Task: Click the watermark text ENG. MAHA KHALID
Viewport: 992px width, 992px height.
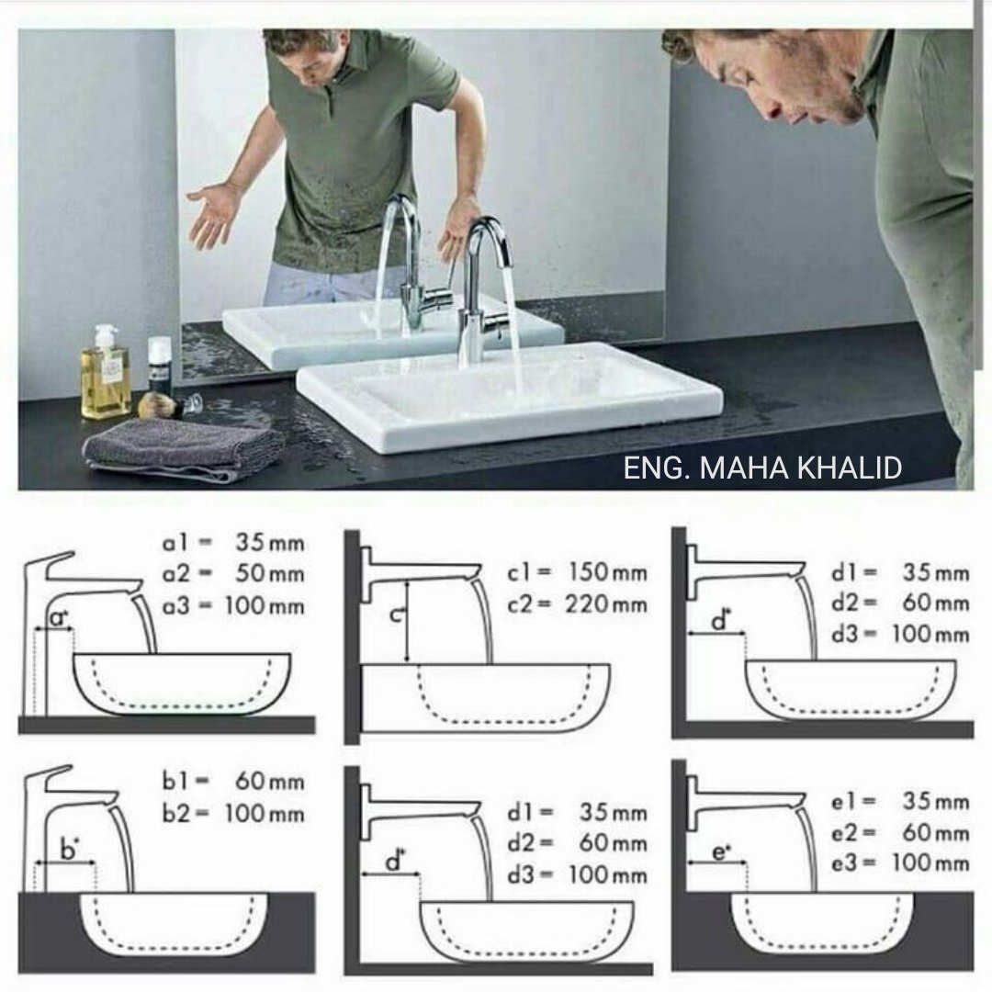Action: [762, 468]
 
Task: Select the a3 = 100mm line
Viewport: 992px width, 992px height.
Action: [233, 606]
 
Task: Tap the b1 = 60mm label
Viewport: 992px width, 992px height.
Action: [233, 782]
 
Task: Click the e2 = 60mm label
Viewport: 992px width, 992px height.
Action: [899, 832]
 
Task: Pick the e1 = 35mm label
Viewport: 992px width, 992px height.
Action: [899, 802]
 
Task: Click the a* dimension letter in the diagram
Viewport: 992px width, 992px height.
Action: [59, 618]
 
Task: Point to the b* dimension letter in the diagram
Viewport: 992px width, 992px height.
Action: [69, 849]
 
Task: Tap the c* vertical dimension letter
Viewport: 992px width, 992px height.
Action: [396, 613]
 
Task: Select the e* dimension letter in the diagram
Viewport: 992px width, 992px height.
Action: [721, 851]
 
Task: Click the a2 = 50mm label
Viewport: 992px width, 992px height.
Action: [233, 574]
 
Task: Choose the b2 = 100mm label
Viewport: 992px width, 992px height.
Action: [233, 814]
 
